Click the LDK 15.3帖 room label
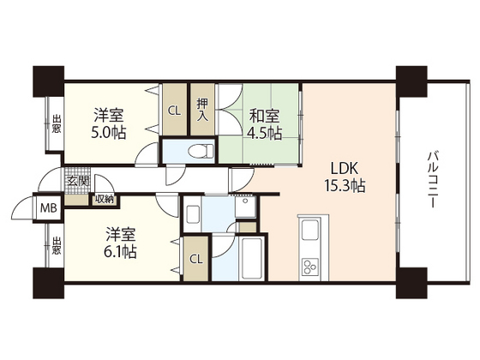pos(345,177)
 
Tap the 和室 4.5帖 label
pos(265,124)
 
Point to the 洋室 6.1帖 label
pos(120,243)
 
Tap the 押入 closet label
pos(202,110)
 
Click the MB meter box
pos(49,208)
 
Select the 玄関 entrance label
pos(78,181)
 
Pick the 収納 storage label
pos(105,199)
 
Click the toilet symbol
pos(201,151)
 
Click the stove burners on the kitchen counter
pos(310,267)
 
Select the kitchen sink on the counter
pos(311,231)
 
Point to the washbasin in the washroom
pos(192,214)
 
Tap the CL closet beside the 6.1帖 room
pos(196,259)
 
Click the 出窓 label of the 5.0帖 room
pos(56,123)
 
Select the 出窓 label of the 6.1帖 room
pos(56,245)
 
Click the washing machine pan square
pos(245,207)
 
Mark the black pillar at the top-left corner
pos(48,81)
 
